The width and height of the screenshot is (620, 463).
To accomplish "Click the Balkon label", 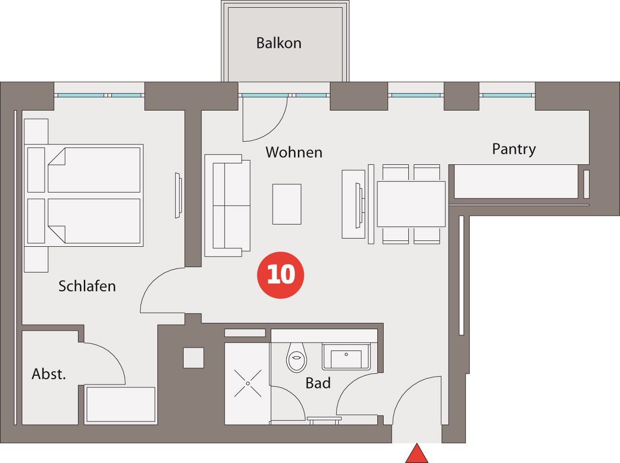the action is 279,43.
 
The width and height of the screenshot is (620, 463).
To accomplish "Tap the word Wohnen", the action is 294,152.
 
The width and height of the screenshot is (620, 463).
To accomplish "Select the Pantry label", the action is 514,149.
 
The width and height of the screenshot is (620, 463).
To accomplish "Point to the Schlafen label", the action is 87,286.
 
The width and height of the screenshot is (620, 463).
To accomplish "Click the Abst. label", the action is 48,374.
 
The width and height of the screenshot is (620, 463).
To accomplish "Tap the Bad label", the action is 318,383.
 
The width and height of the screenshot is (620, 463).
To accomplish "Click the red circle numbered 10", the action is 280,275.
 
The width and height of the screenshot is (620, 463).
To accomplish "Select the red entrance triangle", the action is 417,453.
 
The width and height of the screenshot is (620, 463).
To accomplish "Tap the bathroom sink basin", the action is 346,357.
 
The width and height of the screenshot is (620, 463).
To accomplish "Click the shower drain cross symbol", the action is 248,383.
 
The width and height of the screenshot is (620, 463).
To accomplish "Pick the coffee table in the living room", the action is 287,204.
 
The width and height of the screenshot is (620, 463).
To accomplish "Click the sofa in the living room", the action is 227,206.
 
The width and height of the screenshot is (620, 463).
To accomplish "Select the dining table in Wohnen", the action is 411,204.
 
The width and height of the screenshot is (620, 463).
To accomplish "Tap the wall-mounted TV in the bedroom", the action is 178,195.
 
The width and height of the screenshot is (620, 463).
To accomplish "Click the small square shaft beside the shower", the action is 193,358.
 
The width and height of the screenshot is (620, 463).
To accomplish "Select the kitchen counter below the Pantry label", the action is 516,181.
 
